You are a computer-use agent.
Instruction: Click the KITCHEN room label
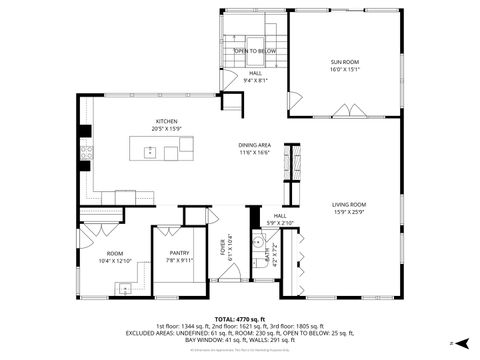point(166,121)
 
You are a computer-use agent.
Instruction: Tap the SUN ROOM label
point(344,62)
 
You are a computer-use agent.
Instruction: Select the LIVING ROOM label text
point(349,205)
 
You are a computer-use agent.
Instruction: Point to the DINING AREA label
point(255,144)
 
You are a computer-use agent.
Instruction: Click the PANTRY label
point(179,253)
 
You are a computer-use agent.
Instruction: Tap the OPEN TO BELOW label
point(255,50)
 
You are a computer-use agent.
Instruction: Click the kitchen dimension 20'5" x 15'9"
point(166,128)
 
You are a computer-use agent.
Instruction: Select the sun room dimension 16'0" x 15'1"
point(344,70)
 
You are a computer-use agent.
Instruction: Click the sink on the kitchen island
point(150,152)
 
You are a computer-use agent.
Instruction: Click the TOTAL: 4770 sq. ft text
point(240,318)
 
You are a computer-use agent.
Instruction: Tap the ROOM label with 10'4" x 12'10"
point(116,253)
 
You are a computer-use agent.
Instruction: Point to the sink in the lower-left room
point(122,288)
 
